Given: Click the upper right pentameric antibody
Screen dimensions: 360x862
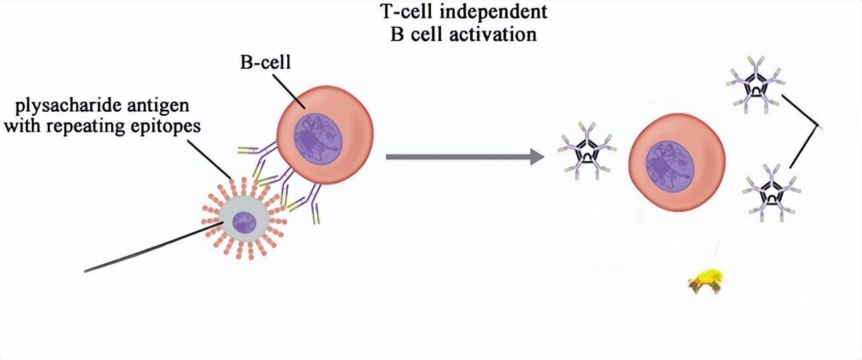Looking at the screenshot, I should pos(754,87).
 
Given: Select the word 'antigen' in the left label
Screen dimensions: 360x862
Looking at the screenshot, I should pos(164,106).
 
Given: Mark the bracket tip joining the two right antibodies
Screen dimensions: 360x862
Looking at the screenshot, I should pos(821,127).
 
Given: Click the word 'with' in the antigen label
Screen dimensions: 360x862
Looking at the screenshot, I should pos(24,126).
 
